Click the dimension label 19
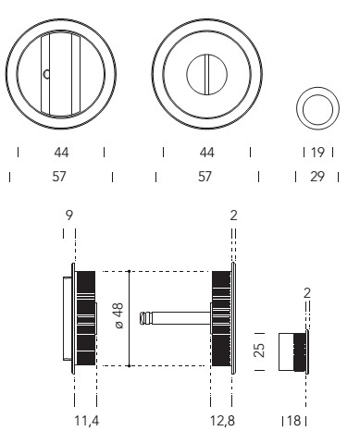point(317,153)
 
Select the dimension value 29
point(317,177)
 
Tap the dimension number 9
point(69,215)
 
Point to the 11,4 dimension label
point(87,421)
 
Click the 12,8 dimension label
point(222,421)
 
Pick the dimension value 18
point(293,421)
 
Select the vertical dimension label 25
point(259,351)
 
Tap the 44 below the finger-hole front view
point(61,153)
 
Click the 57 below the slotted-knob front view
point(205,177)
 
